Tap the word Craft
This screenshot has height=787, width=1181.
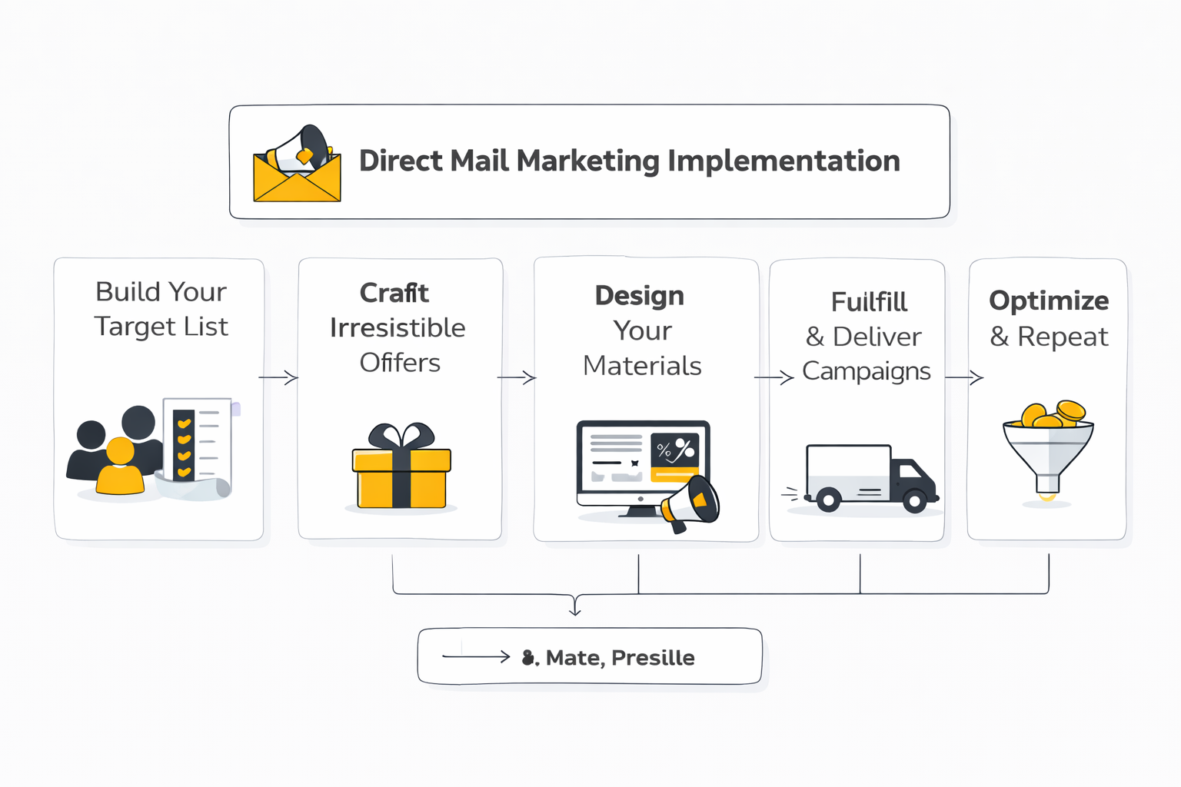coord(394,293)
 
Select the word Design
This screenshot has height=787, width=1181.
coord(639,296)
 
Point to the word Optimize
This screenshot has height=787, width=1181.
coord(1048,301)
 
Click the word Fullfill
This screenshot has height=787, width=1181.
coord(869,302)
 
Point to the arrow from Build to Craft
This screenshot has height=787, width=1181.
coord(278,377)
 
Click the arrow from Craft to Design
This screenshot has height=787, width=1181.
coord(517,377)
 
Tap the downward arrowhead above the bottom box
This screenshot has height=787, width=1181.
coord(574,609)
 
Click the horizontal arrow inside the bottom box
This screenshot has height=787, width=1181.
coord(476,656)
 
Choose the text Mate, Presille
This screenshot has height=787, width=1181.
coord(620,658)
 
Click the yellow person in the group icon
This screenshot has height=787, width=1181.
coord(120,467)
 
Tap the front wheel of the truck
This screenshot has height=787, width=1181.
coord(914,502)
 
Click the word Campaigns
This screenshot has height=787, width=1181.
coord(866,371)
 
